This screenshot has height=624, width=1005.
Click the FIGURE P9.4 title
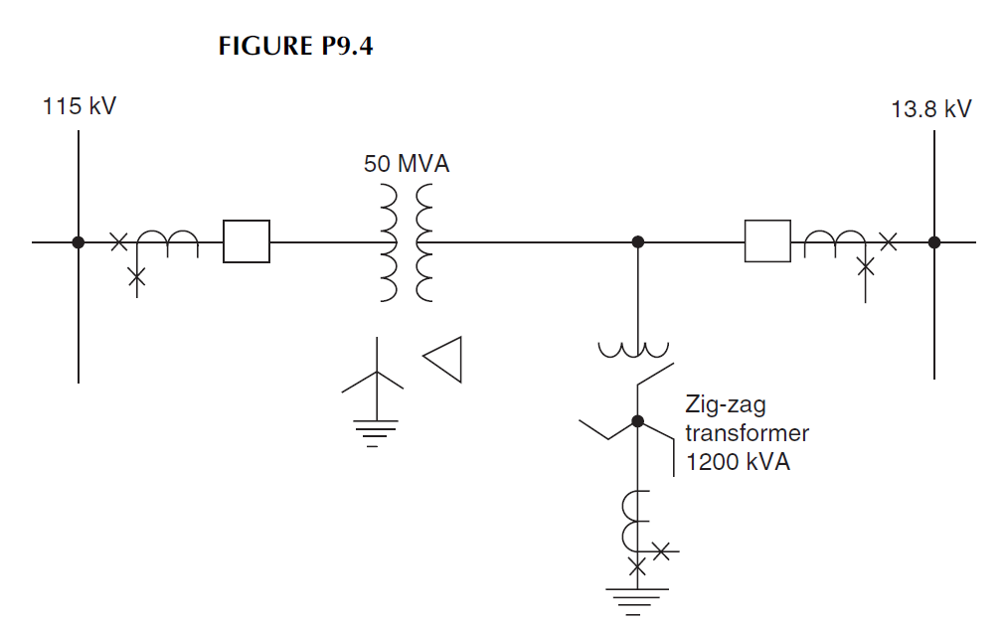point(295,46)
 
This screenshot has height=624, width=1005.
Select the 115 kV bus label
point(80,105)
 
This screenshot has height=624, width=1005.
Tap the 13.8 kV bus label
point(930,109)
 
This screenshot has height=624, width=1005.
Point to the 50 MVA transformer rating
point(407,164)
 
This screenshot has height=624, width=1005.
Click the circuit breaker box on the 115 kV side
point(247,241)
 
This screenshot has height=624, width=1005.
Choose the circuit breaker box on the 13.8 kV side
point(767,241)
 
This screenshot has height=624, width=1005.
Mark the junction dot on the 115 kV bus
point(78,241)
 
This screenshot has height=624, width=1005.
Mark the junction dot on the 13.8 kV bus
point(933,241)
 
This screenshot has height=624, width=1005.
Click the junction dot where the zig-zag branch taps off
point(638,241)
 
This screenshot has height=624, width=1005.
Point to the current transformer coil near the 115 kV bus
point(167,241)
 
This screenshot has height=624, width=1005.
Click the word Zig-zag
point(725,404)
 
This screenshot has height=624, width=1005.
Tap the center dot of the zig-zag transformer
point(638,421)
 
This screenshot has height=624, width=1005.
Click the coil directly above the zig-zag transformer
point(633,350)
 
